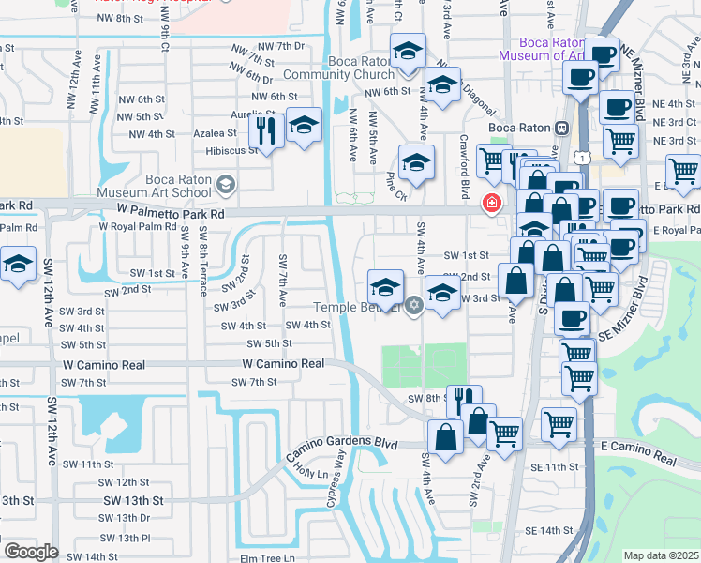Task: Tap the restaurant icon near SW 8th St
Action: point(464,401)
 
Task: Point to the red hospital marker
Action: point(490,203)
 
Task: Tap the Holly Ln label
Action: point(308,474)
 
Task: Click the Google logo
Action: point(31,552)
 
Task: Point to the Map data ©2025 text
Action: point(661,555)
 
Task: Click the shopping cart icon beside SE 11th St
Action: point(559,422)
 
